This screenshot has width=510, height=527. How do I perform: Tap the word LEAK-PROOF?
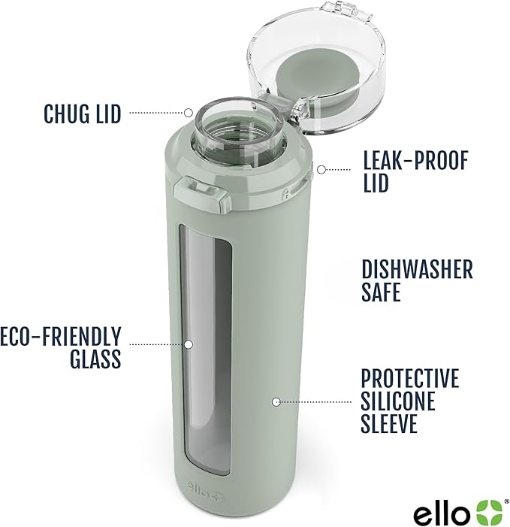pyautogui.click(x=415, y=160)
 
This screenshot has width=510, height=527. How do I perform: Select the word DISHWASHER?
pyautogui.click(x=417, y=269)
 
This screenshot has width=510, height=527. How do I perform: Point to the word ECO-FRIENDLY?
pyautogui.click(x=61, y=335)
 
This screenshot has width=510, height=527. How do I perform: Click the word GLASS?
pyautogui.click(x=95, y=358)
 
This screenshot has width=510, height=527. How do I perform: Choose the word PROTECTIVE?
pyautogui.click(x=409, y=377)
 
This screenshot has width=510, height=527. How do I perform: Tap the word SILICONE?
pyautogui.click(x=397, y=401)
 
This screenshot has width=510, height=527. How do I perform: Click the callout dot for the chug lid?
pyautogui.click(x=189, y=112)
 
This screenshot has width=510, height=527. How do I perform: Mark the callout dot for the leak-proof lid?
pyautogui.click(x=320, y=168)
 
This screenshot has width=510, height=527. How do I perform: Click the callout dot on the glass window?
pyautogui.click(x=189, y=344)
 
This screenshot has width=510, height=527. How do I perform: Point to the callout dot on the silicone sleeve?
pyautogui.click(x=276, y=401)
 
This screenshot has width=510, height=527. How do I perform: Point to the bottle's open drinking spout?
pyautogui.click(x=229, y=127)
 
